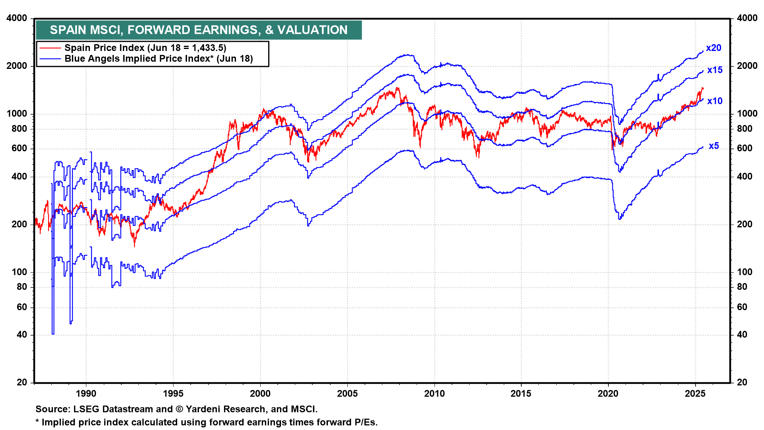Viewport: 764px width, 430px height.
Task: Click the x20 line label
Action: pyautogui.click(x=713, y=48)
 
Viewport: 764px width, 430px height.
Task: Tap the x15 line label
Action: pyautogui.click(x=715, y=70)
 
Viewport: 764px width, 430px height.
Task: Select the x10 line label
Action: pyautogui.click(x=715, y=101)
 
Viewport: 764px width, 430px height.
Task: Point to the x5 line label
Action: pyautogui.click(x=714, y=146)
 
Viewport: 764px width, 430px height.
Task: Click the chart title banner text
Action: pyautogui.click(x=199, y=30)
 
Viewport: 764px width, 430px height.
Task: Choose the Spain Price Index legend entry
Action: pyautogui.click(x=145, y=48)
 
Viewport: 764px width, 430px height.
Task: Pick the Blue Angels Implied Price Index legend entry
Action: pyautogui.click(x=158, y=59)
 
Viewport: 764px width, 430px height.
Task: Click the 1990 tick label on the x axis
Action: pyautogui.click(x=86, y=394)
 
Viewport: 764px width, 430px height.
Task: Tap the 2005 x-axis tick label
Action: pyautogui.click(x=347, y=394)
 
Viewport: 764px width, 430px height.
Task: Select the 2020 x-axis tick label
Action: pyautogui.click(x=608, y=394)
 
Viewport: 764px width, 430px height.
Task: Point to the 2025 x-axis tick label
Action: pyautogui.click(x=695, y=394)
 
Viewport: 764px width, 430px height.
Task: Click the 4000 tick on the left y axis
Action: pyautogui.click(x=17, y=18)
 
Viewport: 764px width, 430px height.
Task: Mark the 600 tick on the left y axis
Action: pyautogui.click(x=19, y=149)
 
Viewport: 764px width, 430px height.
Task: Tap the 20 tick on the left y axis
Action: pyautogui.click(x=22, y=382)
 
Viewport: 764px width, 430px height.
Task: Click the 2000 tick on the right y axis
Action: pyautogui.click(x=747, y=66)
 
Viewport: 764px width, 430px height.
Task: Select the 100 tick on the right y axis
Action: pyautogui.click(x=745, y=272)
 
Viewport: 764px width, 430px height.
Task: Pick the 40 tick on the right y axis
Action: pyautogui.click(x=742, y=335)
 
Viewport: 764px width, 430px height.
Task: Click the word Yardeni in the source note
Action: pyautogui.click(x=202, y=409)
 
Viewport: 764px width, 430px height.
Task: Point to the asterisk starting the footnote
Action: pyautogui.click(x=37, y=422)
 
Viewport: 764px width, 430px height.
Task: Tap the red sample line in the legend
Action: pyautogui.click(x=51, y=48)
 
